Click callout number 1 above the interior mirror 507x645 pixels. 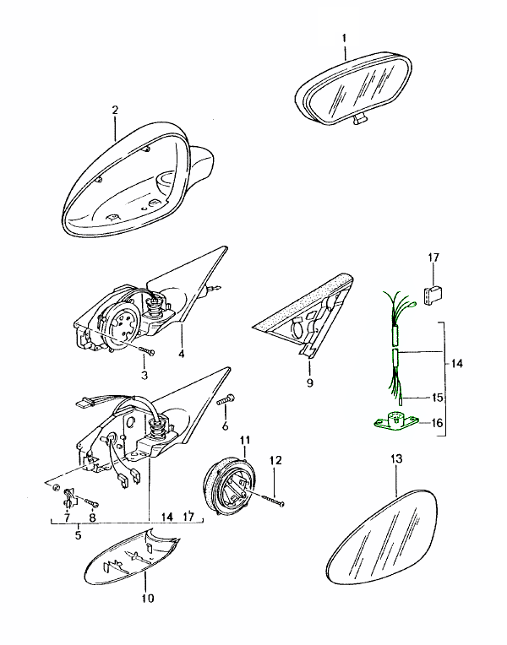click(x=344, y=39)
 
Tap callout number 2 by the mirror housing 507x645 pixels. click(x=115, y=111)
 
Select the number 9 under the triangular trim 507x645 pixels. click(x=309, y=382)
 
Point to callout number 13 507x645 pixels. click(x=397, y=458)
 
